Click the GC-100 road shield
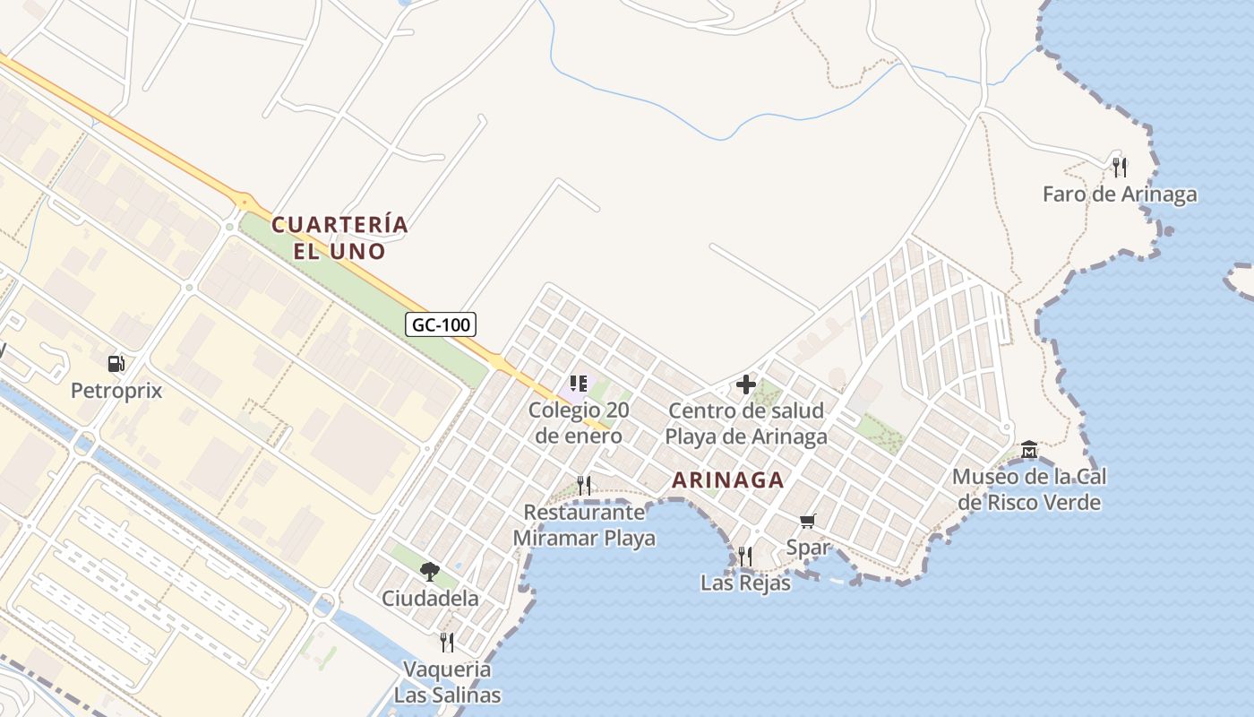click(441, 324)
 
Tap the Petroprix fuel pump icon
click(116, 364)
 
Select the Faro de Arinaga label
click(1120, 194)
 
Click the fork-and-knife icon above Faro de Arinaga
click(1119, 167)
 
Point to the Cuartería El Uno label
click(339, 238)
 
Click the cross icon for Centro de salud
click(746, 385)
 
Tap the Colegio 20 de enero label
click(578, 423)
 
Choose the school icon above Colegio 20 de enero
click(579, 384)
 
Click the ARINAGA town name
click(728, 480)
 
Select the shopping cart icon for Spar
click(808, 521)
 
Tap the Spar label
click(808, 547)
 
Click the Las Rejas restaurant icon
click(745, 557)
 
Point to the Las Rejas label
click(745, 583)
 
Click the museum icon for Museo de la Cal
click(1029, 449)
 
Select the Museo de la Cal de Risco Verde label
click(1029, 489)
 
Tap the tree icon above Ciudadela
click(430, 571)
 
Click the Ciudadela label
click(430, 598)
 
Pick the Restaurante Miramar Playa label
click(584, 525)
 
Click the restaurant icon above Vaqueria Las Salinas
click(447, 642)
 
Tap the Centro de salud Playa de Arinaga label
click(746, 424)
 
